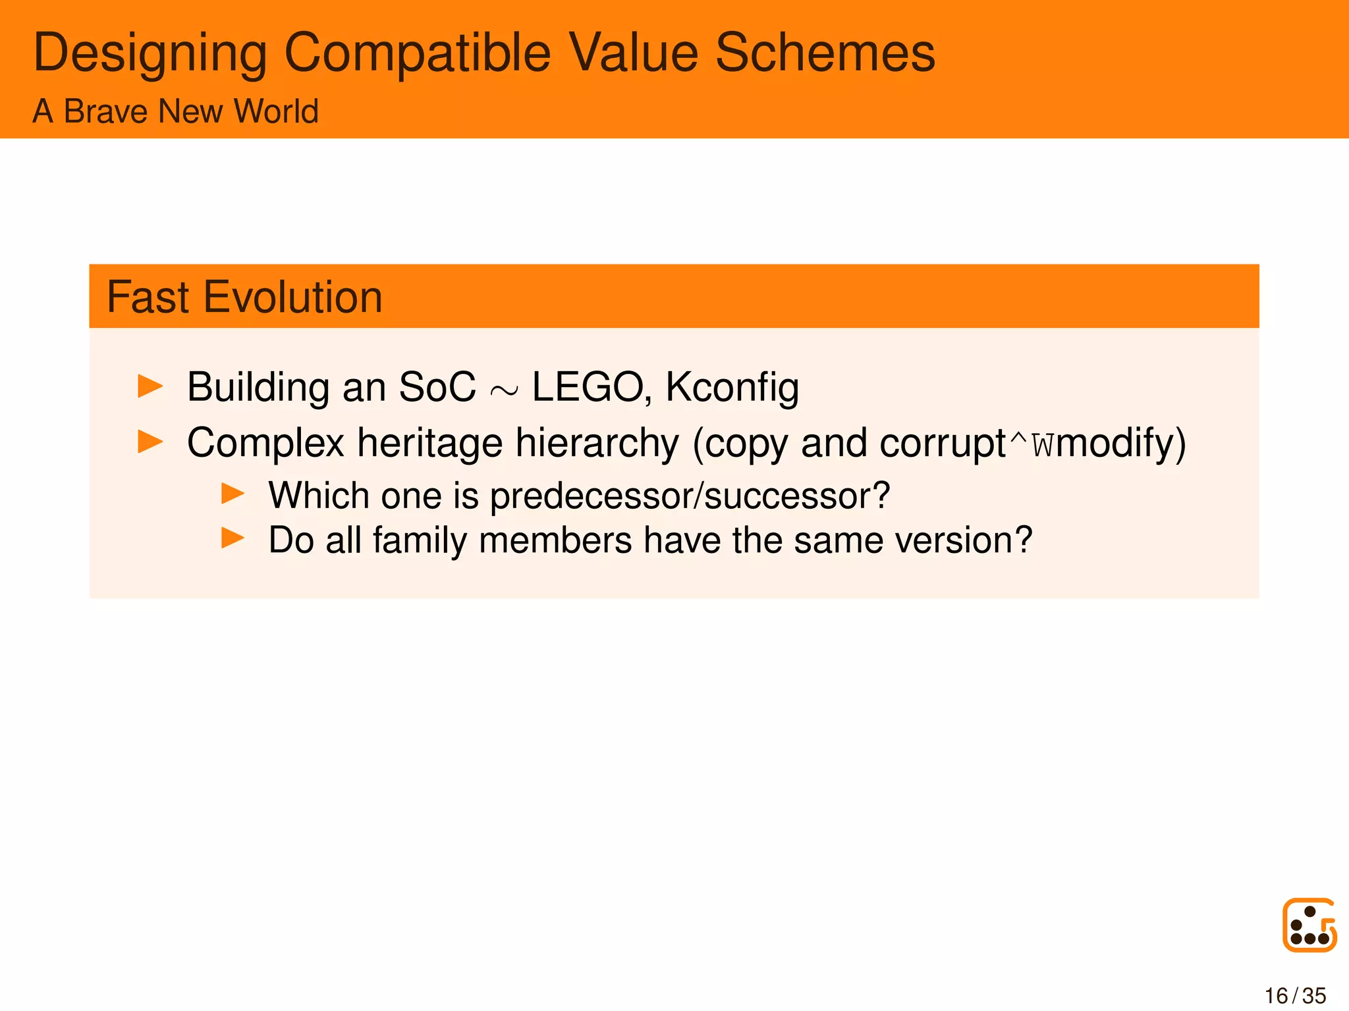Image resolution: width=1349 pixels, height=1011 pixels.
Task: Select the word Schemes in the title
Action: tap(825, 53)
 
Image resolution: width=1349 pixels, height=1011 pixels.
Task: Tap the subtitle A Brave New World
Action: tap(175, 111)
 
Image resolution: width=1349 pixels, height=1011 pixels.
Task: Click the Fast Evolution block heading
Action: tap(244, 297)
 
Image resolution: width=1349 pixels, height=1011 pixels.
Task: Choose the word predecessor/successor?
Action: tap(690, 496)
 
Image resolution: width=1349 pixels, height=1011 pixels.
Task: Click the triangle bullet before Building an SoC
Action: tap(150, 386)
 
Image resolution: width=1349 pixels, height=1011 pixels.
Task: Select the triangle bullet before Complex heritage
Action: tap(150, 442)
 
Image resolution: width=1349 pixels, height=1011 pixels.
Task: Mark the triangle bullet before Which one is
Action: tap(233, 494)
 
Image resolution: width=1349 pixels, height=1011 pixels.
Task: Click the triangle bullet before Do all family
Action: tap(233, 538)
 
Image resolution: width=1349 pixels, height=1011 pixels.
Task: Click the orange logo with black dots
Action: tap(1309, 925)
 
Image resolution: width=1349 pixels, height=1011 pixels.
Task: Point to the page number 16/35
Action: tap(1295, 996)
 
